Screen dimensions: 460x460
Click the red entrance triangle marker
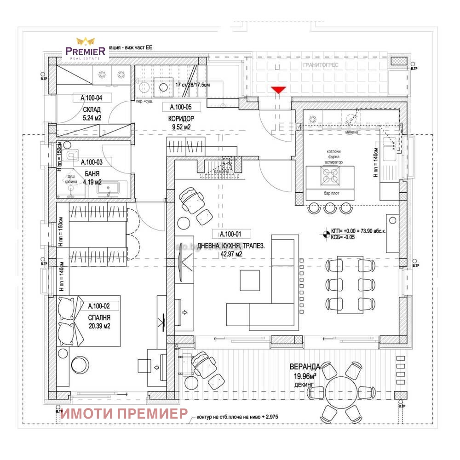[x=278, y=89]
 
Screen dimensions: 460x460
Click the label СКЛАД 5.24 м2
[x=92, y=114]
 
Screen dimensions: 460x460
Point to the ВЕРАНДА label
[x=305, y=367]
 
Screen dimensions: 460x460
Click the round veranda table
[x=343, y=389]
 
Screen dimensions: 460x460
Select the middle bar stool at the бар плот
[x=330, y=208]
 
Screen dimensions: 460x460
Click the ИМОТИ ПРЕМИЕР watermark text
[x=124, y=413]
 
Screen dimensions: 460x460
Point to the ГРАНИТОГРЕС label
[x=320, y=65]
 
